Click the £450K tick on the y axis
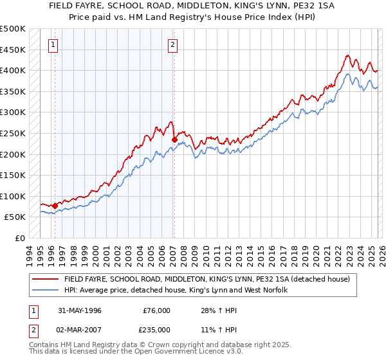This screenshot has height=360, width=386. pos(13,50)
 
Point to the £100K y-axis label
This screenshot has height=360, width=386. pos(13,196)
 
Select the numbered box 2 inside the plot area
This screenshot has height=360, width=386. pos(173,45)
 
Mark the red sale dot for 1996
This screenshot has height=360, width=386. pos(55,206)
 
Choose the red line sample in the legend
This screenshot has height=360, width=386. pos(45,280)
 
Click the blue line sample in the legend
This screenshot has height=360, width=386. pos(45,291)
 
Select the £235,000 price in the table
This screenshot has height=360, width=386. pos(156,330)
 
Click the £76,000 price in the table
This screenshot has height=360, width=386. pos(156,310)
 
